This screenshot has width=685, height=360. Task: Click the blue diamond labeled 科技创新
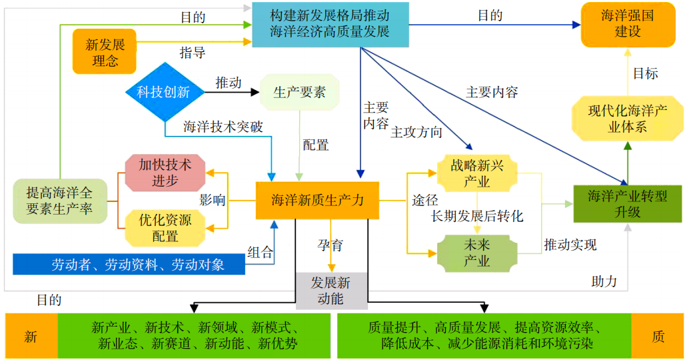[163, 92]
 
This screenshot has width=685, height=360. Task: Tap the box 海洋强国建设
[627, 23]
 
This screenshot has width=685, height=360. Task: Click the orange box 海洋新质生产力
[317, 200]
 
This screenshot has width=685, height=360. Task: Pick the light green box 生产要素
[299, 93]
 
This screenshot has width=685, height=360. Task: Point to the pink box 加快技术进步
[165, 172]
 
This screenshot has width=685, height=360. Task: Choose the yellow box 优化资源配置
[165, 227]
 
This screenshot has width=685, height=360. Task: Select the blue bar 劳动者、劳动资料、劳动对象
[129, 265]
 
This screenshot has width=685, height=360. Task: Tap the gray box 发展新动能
[331, 291]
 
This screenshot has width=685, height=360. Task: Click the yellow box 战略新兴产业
[476, 173]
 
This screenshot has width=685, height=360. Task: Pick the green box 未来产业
[476, 253]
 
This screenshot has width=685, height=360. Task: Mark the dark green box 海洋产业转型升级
[627, 203]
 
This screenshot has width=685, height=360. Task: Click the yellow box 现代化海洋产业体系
[627, 119]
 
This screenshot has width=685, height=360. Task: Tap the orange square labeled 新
[31, 337]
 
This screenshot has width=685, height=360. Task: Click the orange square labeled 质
[658, 337]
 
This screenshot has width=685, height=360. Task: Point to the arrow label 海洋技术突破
[223, 127]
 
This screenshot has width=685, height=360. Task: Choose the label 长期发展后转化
[477, 216]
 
